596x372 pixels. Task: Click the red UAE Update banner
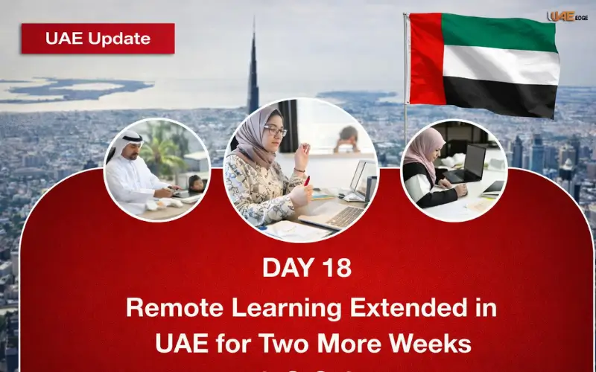pyautogui.click(x=98, y=39)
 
